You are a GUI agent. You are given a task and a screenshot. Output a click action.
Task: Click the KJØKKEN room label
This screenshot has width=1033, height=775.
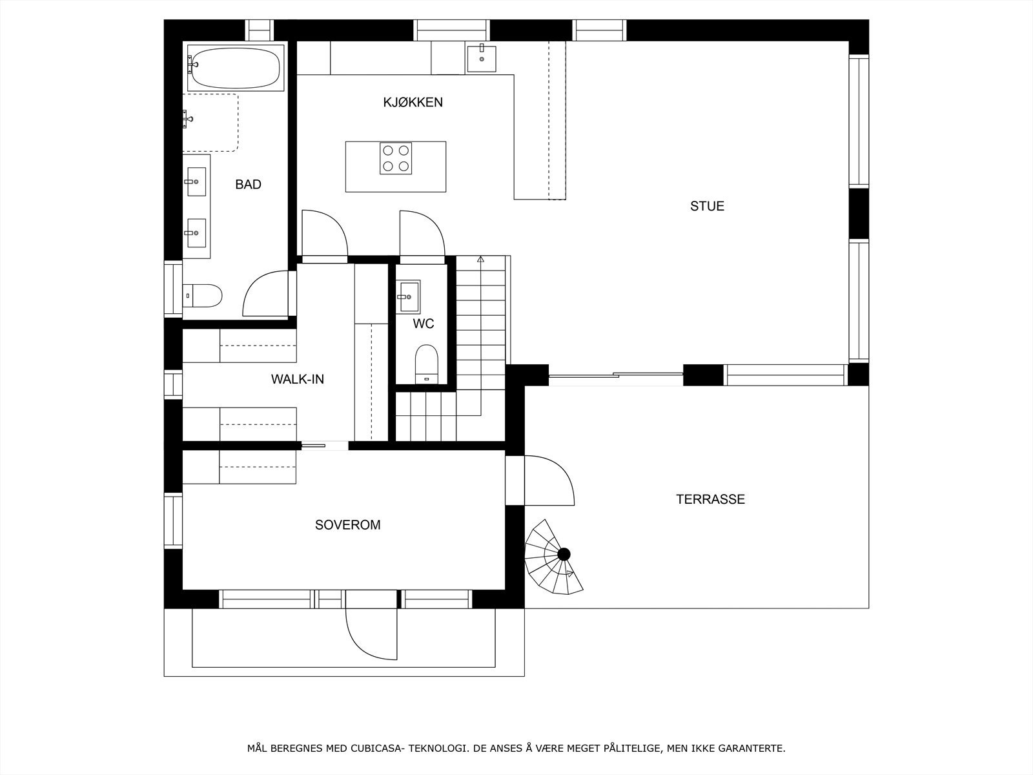[413, 102]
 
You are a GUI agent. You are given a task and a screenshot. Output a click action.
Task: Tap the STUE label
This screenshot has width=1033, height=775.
[707, 206]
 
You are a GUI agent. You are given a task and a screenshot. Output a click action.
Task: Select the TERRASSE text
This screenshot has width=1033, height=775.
[710, 499]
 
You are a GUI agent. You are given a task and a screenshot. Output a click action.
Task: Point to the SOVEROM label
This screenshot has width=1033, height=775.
[347, 525]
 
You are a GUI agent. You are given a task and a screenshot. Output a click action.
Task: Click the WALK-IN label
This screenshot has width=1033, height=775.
[297, 379]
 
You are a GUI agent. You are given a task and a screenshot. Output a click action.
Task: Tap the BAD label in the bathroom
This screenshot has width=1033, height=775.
[248, 185]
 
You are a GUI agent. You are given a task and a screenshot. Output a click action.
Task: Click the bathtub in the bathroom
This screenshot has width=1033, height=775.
[236, 67]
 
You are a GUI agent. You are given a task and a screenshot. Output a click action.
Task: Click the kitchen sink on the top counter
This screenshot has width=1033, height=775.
[482, 57]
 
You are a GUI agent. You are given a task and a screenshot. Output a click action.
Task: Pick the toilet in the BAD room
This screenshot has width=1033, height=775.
[202, 296]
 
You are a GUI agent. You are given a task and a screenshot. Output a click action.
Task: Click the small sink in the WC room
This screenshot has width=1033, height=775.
[407, 296]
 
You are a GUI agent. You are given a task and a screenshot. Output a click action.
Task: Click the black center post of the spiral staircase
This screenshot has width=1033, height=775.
[564, 553]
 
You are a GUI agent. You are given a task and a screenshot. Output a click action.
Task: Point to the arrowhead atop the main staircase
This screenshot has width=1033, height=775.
[480, 260]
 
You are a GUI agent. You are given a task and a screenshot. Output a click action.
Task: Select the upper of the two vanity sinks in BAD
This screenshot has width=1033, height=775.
[196, 181]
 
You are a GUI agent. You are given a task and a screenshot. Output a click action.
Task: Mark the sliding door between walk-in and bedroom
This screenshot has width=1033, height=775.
[324, 444]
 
